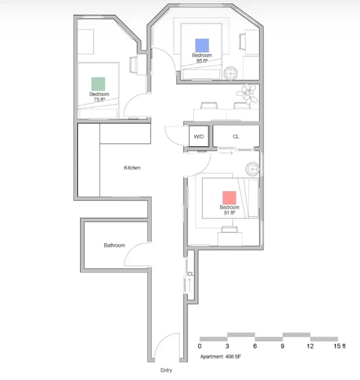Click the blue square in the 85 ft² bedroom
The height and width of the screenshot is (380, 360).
(x=202, y=45)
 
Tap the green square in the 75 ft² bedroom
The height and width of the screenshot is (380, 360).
(x=98, y=84)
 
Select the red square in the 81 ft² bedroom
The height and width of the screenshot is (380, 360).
(x=230, y=198)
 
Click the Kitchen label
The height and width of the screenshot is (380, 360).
(x=132, y=167)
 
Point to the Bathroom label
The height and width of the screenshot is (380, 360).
(x=114, y=245)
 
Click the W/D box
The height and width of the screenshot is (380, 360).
(x=199, y=137)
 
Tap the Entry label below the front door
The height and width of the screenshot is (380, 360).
(x=166, y=370)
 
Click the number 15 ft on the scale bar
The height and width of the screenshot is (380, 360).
(x=340, y=346)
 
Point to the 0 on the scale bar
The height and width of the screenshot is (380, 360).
(x=199, y=346)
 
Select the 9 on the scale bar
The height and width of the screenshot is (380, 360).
(x=282, y=346)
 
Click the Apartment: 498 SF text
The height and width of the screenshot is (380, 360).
(x=221, y=357)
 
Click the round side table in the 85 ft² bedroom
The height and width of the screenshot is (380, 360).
(x=231, y=73)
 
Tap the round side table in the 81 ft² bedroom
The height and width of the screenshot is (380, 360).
(x=252, y=169)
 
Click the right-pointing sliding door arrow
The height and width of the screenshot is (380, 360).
(x=226, y=153)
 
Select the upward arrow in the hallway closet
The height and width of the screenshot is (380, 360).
(x=189, y=285)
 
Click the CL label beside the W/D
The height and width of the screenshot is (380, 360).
(x=236, y=137)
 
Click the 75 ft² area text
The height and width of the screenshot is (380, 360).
(x=99, y=100)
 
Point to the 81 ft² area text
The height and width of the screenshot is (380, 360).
(x=230, y=213)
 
